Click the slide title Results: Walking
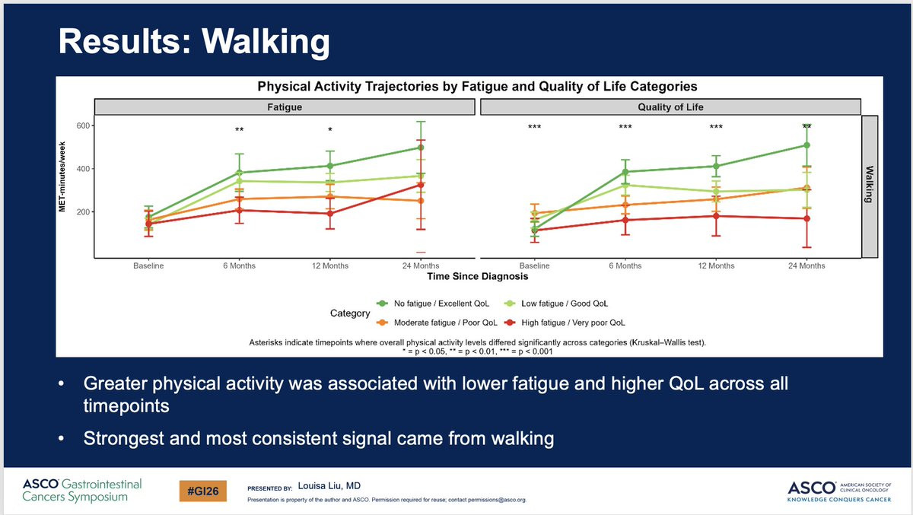(x=194, y=43)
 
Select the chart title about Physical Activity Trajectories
(x=476, y=86)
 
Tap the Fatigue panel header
(x=285, y=107)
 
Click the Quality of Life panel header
(x=670, y=107)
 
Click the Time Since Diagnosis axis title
(x=477, y=277)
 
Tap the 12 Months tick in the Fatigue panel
(x=330, y=265)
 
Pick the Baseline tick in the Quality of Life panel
(x=534, y=265)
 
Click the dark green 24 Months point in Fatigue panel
(x=421, y=148)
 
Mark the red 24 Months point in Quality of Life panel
(x=806, y=218)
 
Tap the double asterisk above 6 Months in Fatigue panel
(x=239, y=130)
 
